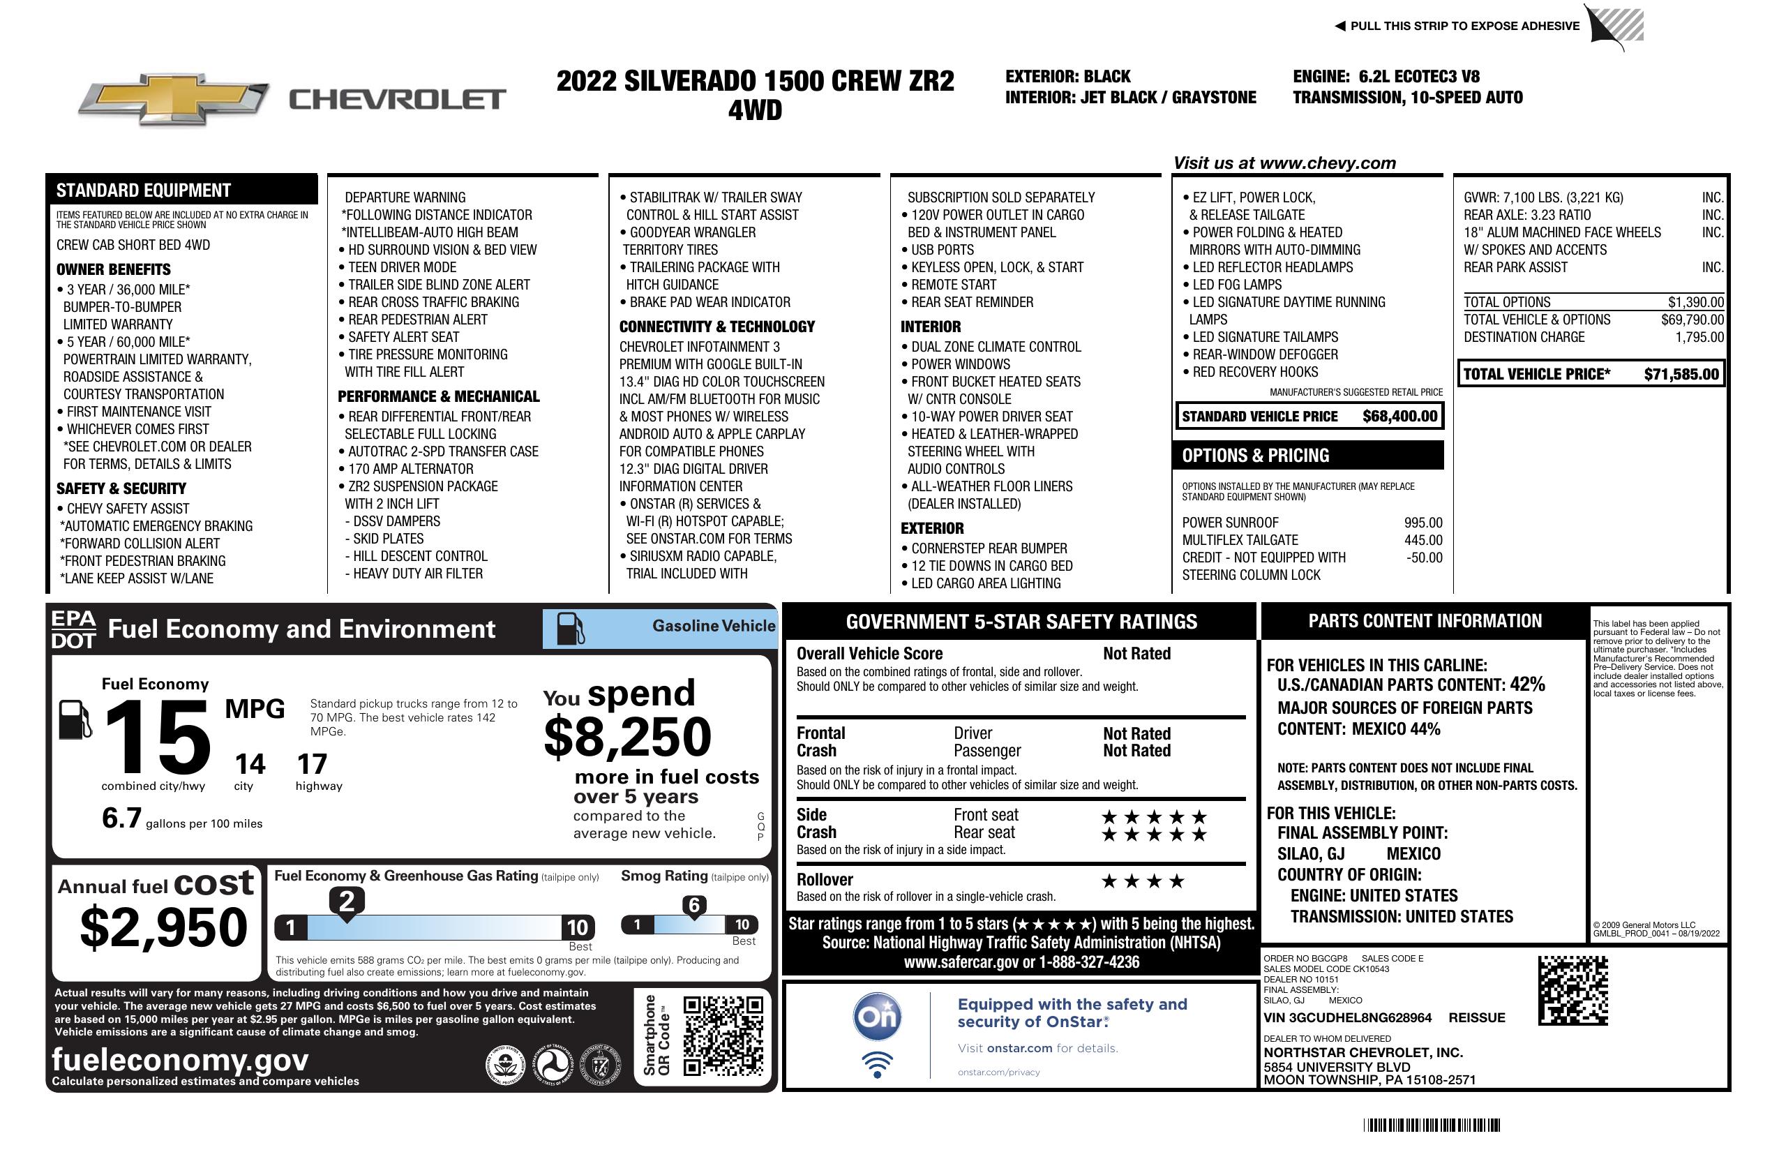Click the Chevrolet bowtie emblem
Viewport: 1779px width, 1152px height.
click(174, 99)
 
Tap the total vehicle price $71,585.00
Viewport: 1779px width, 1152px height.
click(1681, 374)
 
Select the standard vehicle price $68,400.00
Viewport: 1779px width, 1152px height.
click(1399, 417)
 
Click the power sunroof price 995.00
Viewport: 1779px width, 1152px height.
click(1423, 523)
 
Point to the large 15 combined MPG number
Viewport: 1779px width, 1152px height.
click(158, 737)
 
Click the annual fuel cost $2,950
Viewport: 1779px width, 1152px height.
click(164, 928)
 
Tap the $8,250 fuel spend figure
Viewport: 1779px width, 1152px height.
click(627, 737)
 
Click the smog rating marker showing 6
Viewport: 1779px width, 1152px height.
click(693, 905)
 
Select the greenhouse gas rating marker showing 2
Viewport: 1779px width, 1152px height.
click(347, 902)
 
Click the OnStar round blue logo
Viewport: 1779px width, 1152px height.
click(877, 1017)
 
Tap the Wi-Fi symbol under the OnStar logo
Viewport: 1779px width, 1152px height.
click(877, 1064)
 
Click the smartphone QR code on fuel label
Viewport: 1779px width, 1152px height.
click(723, 1035)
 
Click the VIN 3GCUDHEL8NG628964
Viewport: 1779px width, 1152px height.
click(1347, 1017)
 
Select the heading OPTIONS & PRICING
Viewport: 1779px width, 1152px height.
click(1255, 455)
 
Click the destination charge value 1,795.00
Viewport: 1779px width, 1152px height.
click(1699, 337)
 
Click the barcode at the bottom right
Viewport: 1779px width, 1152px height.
click(1432, 1125)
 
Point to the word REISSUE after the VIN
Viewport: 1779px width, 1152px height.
click(1476, 1017)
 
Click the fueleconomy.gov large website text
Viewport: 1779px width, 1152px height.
click(180, 1059)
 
